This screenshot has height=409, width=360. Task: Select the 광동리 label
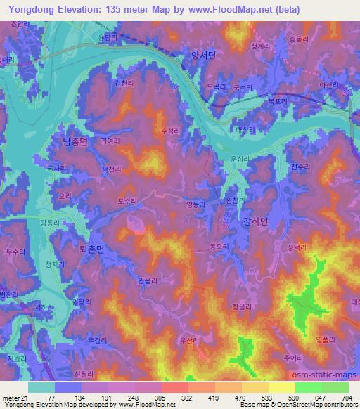50,221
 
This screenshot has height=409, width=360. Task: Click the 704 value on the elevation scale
346,397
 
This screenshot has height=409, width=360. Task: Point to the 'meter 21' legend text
13,397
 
